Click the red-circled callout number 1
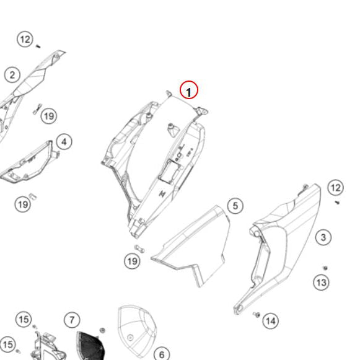[189, 90]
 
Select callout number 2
[12, 75]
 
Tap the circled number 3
[323, 237]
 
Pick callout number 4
[64, 142]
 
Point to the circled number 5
[235, 206]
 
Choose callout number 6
[162, 354]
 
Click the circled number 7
[72, 320]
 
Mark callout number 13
[321, 282]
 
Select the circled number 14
[271, 321]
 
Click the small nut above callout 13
[325, 268]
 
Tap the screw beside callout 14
[257, 314]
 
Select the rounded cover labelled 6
[137, 331]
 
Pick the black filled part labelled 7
[90, 346]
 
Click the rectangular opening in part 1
[169, 172]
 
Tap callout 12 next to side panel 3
[336, 188]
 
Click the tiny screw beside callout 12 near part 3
[337, 202]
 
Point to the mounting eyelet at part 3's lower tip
[239, 309]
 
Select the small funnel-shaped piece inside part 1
[173, 130]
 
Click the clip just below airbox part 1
[139, 248]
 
